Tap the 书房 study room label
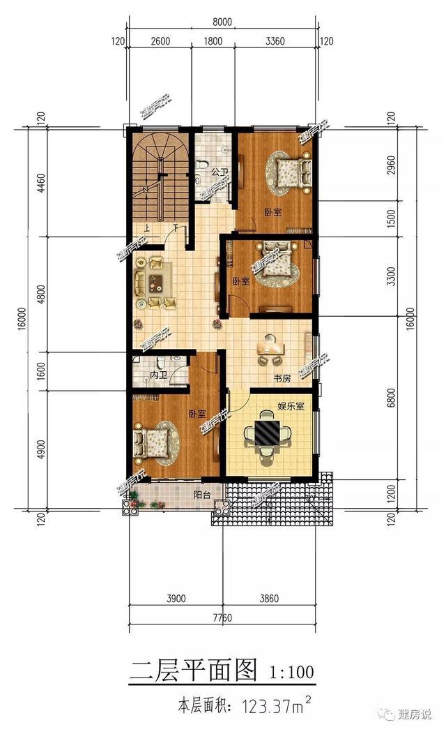pos(282,379)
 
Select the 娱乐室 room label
pos(291,405)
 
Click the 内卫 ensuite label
pos(158,376)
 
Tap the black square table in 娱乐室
pos(266,433)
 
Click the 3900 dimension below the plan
pos(176,598)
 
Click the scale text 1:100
pos(291,673)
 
